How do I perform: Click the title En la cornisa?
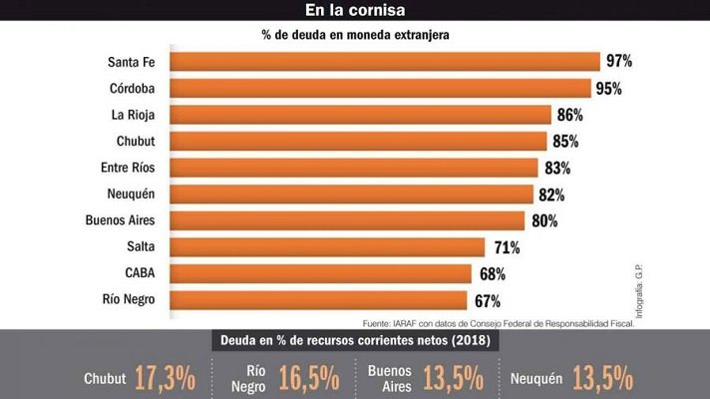354,11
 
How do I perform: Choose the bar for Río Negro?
318,299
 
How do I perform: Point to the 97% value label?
618,62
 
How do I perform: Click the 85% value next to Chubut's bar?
565,141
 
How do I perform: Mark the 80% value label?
544,220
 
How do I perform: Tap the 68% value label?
491,273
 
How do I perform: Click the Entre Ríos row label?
128,168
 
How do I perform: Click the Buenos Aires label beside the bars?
122,220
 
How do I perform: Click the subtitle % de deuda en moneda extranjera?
355,36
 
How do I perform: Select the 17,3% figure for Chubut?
154,378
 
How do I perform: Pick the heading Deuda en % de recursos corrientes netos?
354,341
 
